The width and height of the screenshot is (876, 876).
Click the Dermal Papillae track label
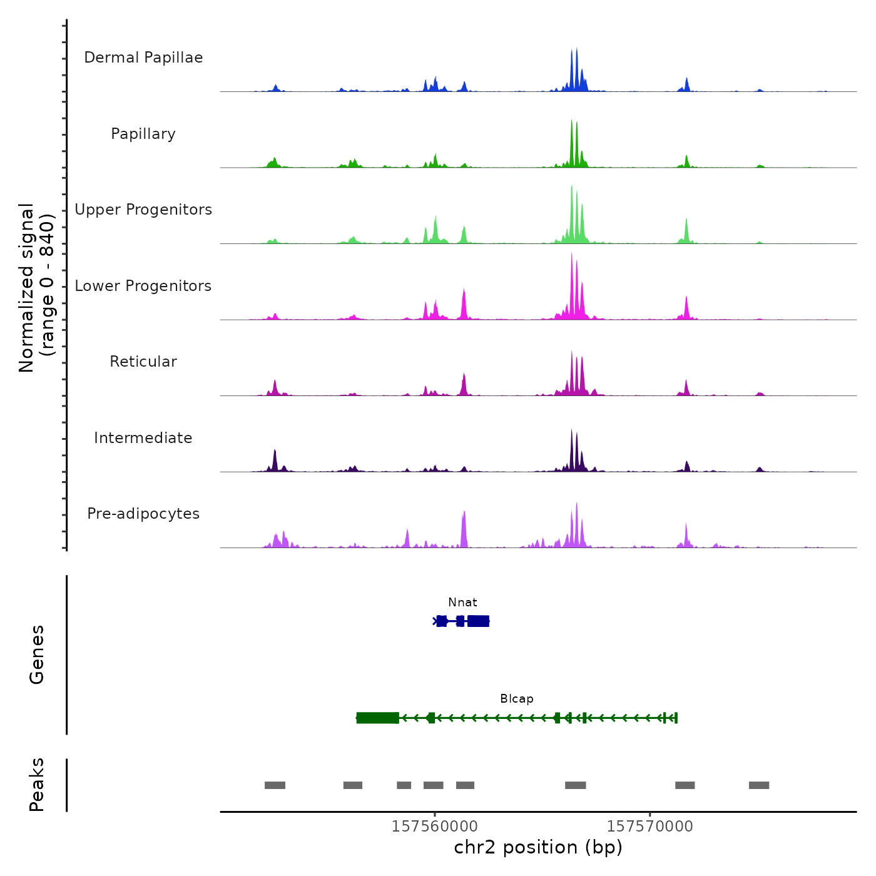point(143,58)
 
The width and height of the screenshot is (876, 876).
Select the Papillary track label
point(143,134)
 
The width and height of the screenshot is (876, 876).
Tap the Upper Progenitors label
point(143,210)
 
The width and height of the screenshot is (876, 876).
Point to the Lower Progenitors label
point(143,286)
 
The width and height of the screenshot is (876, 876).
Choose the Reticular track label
point(143,362)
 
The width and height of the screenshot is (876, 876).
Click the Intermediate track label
point(143,438)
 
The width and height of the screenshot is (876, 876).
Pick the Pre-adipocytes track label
point(143,514)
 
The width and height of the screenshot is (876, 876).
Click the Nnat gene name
point(462,603)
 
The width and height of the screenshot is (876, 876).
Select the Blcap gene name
point(516,699)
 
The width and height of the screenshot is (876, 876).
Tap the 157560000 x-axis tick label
point(434,827)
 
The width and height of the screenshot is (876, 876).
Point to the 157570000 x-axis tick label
point(649,827)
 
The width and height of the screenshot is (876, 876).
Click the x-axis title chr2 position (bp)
point(538,847)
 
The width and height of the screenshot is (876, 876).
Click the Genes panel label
point(37,654)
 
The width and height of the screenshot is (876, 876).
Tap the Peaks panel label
point(37,785)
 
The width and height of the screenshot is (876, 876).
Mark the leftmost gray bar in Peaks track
point(275,785)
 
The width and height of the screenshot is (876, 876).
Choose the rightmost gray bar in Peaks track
point(759,785)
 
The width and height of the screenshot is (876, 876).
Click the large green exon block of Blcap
point(378,718)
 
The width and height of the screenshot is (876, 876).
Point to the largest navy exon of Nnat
point(478,621)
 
